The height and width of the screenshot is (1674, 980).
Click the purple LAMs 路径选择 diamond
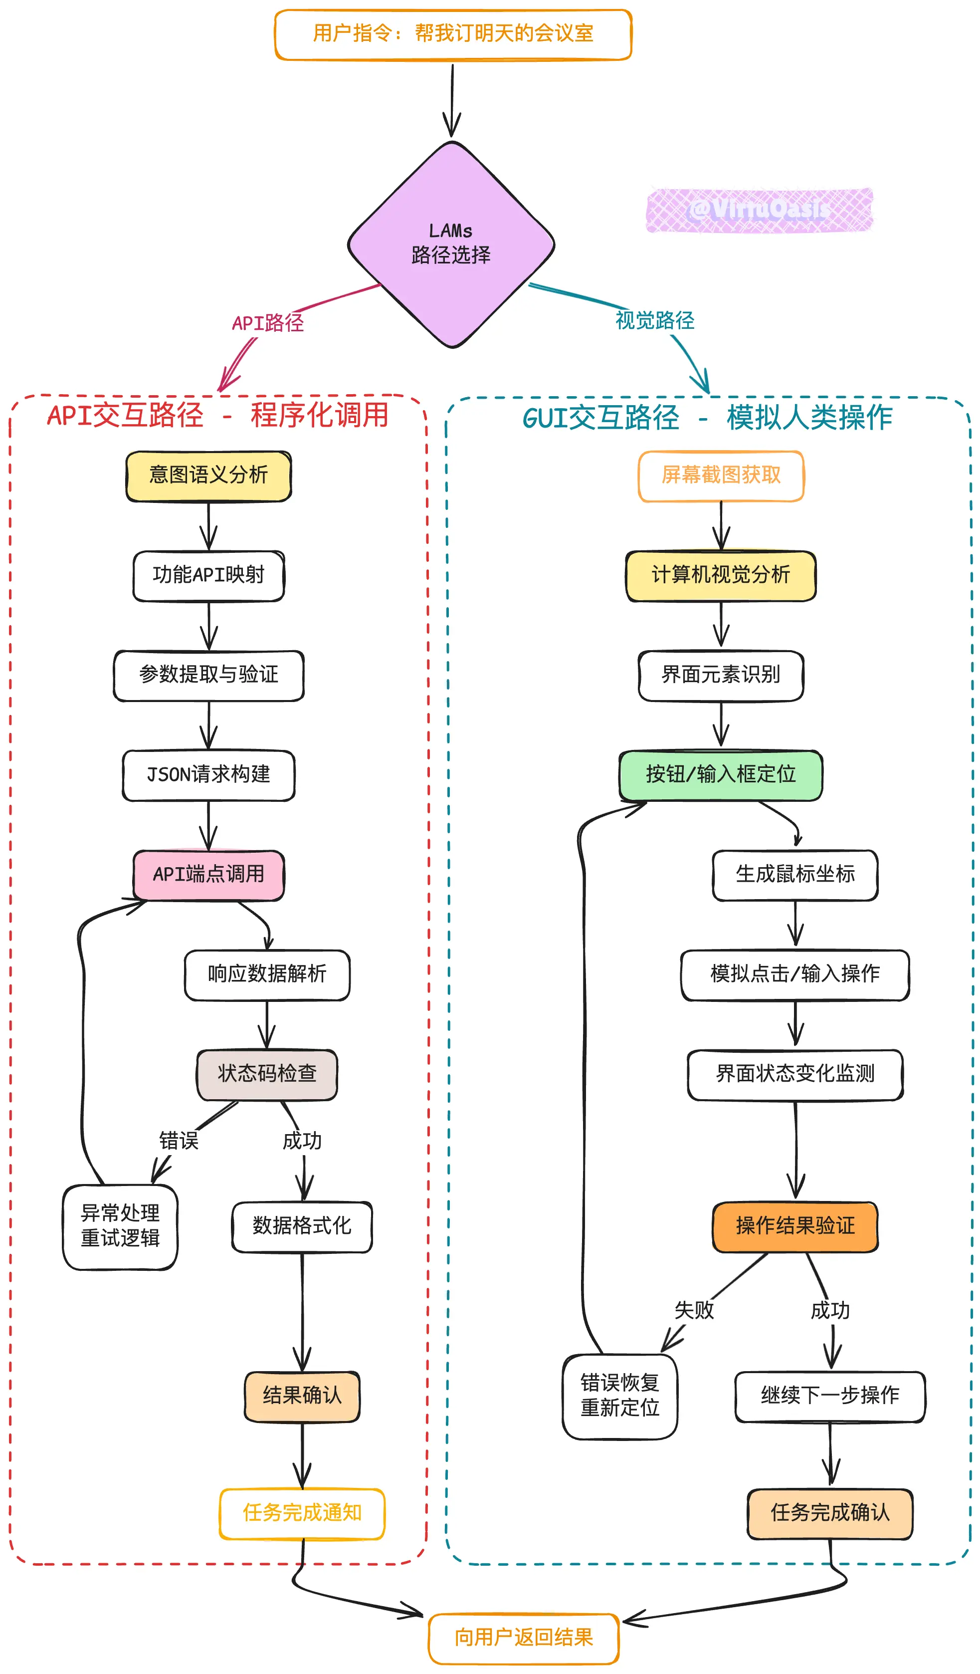(451, 244)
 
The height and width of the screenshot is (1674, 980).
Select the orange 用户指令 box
(453, 34)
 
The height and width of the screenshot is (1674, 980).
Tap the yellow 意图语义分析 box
(208, 476)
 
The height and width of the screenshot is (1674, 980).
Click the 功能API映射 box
(208, 575)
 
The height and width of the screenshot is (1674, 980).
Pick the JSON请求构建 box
(208, 774)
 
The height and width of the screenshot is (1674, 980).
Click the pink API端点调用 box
(208, 874)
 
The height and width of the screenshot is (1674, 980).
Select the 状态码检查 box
(267, 1073)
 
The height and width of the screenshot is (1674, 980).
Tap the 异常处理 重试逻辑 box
(120, 1226)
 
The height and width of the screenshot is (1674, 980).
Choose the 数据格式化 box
(302, 1226)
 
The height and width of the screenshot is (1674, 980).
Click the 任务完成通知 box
(302, 1513)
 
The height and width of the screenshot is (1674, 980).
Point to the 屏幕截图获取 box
(721, 476)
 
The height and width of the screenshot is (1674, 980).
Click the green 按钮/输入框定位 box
(721, 774)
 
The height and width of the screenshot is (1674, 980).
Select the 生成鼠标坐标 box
(795, 874)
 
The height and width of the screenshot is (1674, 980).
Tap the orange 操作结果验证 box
(795, 1226)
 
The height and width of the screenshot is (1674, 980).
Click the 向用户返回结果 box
(524, 1638)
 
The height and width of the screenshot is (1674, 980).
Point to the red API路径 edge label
(268, 323)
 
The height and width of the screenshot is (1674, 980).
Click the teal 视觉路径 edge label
(655, 320)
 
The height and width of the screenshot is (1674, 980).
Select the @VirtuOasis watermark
(759, 210)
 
